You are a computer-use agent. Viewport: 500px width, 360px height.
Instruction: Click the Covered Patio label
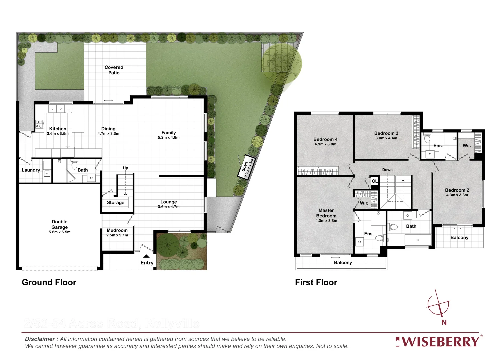click(114, 70)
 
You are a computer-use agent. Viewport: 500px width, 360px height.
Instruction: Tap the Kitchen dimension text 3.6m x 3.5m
click(58, 134)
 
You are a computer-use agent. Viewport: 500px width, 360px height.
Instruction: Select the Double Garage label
click(60, 224)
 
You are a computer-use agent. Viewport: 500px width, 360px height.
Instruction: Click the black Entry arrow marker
click(146, 256)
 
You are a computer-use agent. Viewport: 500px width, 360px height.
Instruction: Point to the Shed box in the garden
click(247, 167)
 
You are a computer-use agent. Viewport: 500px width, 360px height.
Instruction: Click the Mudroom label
click(117, 230)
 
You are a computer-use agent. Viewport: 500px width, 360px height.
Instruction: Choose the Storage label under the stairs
click(115, 203)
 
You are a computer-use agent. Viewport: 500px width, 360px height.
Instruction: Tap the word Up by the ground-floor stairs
click(125, 168)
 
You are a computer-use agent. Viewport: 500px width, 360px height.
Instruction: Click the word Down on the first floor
click(387, 170)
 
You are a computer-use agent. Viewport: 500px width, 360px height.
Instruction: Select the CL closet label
click(375, 181)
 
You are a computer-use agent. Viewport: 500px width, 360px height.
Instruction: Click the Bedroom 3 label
click(386, 133)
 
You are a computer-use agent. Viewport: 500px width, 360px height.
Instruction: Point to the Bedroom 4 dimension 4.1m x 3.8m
click(325, 144)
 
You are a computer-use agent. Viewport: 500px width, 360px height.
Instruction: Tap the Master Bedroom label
click(326, 213)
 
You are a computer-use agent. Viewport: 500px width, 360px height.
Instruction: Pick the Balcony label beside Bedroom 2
click(459, 238)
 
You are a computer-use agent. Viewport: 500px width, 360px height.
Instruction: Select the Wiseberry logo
click(438, 342)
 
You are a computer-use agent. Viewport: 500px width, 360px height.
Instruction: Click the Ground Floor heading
click(49, 282)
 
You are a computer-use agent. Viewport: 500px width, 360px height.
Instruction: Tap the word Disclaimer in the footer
click(40, 339)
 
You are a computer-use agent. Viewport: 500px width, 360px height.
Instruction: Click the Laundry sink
click(47, 173)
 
